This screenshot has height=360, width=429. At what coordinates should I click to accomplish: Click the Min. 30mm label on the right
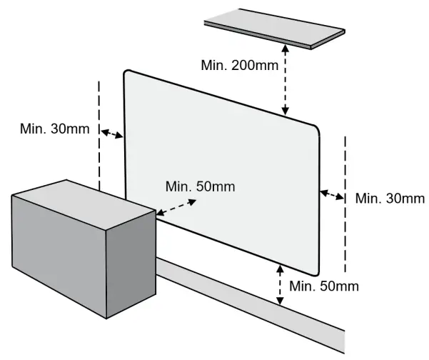pyautogui.click(x=389, y=198)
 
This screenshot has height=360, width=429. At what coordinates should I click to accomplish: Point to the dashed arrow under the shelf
pyautogui.click(x=286, y=79)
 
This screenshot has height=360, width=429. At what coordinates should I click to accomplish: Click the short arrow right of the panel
pyautogui.click(x=332, y=194)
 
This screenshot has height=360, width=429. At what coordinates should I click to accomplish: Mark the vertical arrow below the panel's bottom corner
pyautogui.click(x=279, y=284)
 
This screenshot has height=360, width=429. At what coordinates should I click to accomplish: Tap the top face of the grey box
pyautogui.click(x=82, y=201)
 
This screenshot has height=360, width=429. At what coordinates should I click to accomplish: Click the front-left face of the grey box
pyautogui.click(x=57, y=254)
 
